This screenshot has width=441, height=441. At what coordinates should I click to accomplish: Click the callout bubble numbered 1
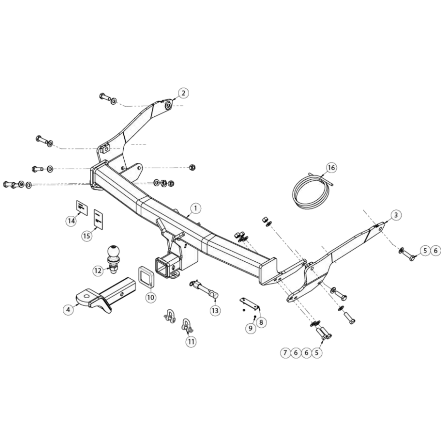click(x=196, y=208)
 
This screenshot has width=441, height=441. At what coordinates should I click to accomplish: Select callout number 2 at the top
click(x=183, y=93)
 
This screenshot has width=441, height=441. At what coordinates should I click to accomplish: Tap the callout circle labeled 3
click(x=396, y=215)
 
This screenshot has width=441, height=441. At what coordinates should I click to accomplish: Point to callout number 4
click(x=68, y=309)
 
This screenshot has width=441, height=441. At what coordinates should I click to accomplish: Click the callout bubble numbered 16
click(x=331, y=168)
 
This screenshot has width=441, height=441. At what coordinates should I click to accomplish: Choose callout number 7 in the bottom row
click(x=285, y=352)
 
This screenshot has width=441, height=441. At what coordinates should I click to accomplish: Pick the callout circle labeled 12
click(x=98, y=270)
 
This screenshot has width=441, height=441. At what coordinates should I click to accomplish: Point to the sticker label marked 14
click(x=82, y=208)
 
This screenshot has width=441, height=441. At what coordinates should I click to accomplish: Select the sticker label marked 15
click(x=98, y=219)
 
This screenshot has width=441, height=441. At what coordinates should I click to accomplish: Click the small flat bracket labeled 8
click(x=250, y=304)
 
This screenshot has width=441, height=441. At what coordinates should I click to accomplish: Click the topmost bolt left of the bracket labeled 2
click(x=105, y=97)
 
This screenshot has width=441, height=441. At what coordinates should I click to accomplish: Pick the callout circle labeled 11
click(x=191, y=341)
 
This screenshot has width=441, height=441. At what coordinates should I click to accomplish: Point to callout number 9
click(x=250, y=328)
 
